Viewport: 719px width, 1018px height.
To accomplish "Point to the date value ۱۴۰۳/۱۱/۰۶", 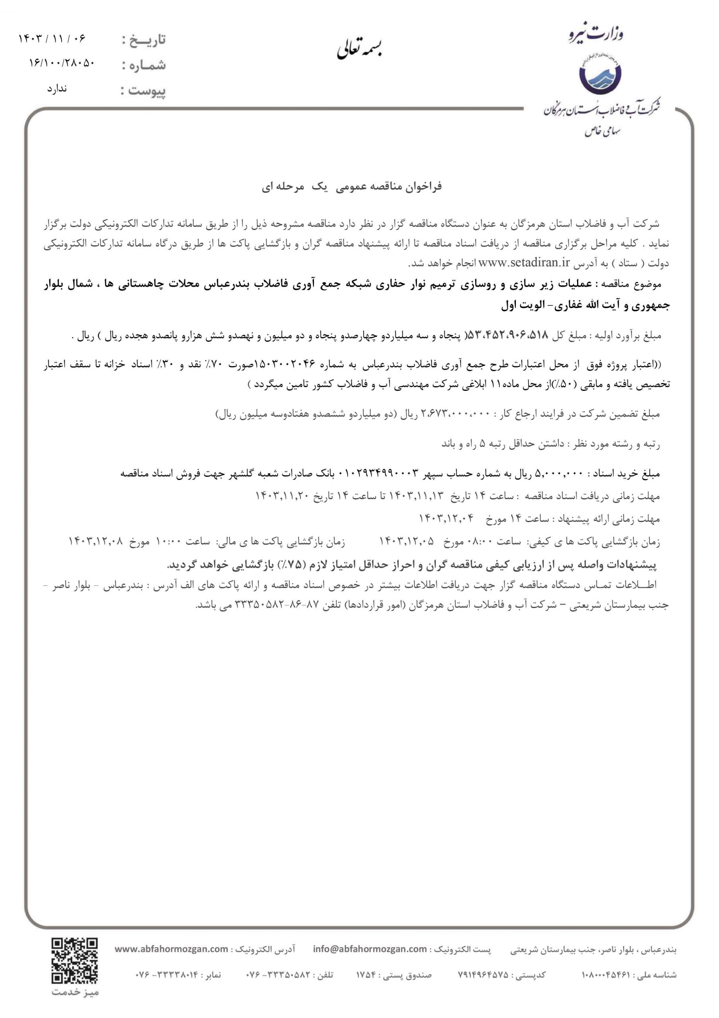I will [52, 39].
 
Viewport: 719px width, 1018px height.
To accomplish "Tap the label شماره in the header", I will [144, 66].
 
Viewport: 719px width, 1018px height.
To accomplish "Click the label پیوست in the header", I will [144, 91].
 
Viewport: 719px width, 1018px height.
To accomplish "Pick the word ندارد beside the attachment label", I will [57, 88].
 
